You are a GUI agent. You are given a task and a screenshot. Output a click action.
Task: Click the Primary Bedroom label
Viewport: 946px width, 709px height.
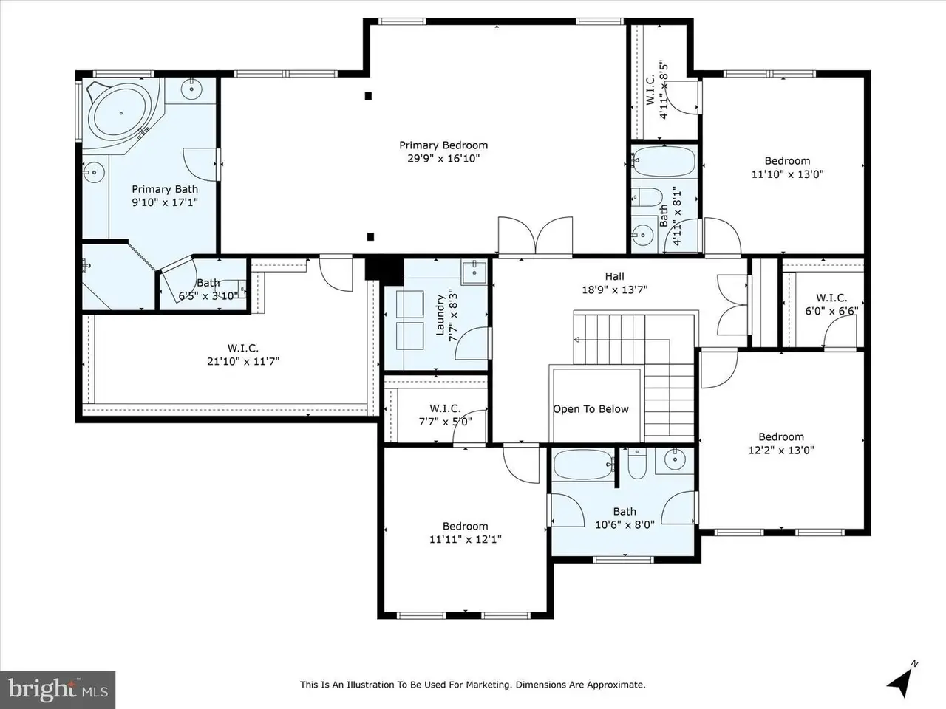click(443, 145)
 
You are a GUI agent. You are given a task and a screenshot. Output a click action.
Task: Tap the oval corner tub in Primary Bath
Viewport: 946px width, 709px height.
click(121, 113)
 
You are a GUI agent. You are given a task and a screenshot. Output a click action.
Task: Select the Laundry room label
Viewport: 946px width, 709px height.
click(440, 315)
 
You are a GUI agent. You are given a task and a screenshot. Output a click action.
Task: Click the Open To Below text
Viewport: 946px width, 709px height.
click(591, 409)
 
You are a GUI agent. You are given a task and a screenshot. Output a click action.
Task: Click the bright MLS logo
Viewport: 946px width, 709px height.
click(58, 690)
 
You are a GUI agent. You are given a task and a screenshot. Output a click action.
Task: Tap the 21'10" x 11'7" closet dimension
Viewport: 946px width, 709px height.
click(243, 361)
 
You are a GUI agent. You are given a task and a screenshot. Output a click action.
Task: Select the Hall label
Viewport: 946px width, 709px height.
click(615, 276)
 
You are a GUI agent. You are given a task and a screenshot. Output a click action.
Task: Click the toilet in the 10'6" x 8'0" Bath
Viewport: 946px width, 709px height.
click(637, 463)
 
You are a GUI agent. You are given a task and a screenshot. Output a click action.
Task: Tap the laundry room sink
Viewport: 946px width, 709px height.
click(474, 272)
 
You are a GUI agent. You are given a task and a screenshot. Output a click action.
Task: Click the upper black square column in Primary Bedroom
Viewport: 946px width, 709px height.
click(368, 96)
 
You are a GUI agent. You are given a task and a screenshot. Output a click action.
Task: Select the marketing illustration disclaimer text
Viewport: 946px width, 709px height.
click(473, 685)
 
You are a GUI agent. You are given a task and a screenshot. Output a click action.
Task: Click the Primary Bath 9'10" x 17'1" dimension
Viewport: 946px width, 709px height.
click(165, 202)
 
